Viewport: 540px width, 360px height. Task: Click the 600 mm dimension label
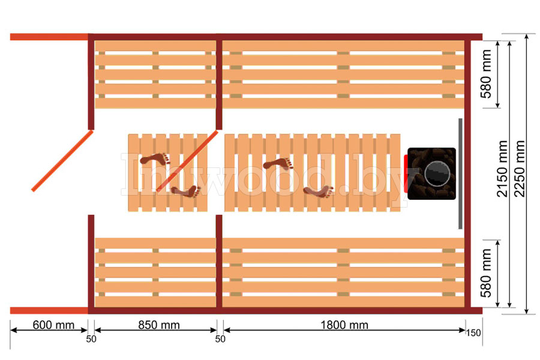(x=53, y=325)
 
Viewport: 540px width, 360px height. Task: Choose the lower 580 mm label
(x=486, y=277)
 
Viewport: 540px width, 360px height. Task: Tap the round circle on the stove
(x=437, y=174)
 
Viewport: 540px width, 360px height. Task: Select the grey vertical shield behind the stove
(x=460, y=173)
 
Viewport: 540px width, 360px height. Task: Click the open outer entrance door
(x=62, y=161)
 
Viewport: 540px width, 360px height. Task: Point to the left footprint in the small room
(x=155, y=160)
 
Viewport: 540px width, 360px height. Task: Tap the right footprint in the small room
(x=185, y=191)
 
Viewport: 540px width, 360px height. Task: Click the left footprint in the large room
(x=278, y=163)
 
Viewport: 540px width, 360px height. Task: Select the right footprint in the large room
(x=318, y=191)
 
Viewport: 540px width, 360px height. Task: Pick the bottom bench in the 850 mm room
(x=155, y=273)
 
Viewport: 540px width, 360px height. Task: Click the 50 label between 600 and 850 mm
(x=91, y=340)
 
